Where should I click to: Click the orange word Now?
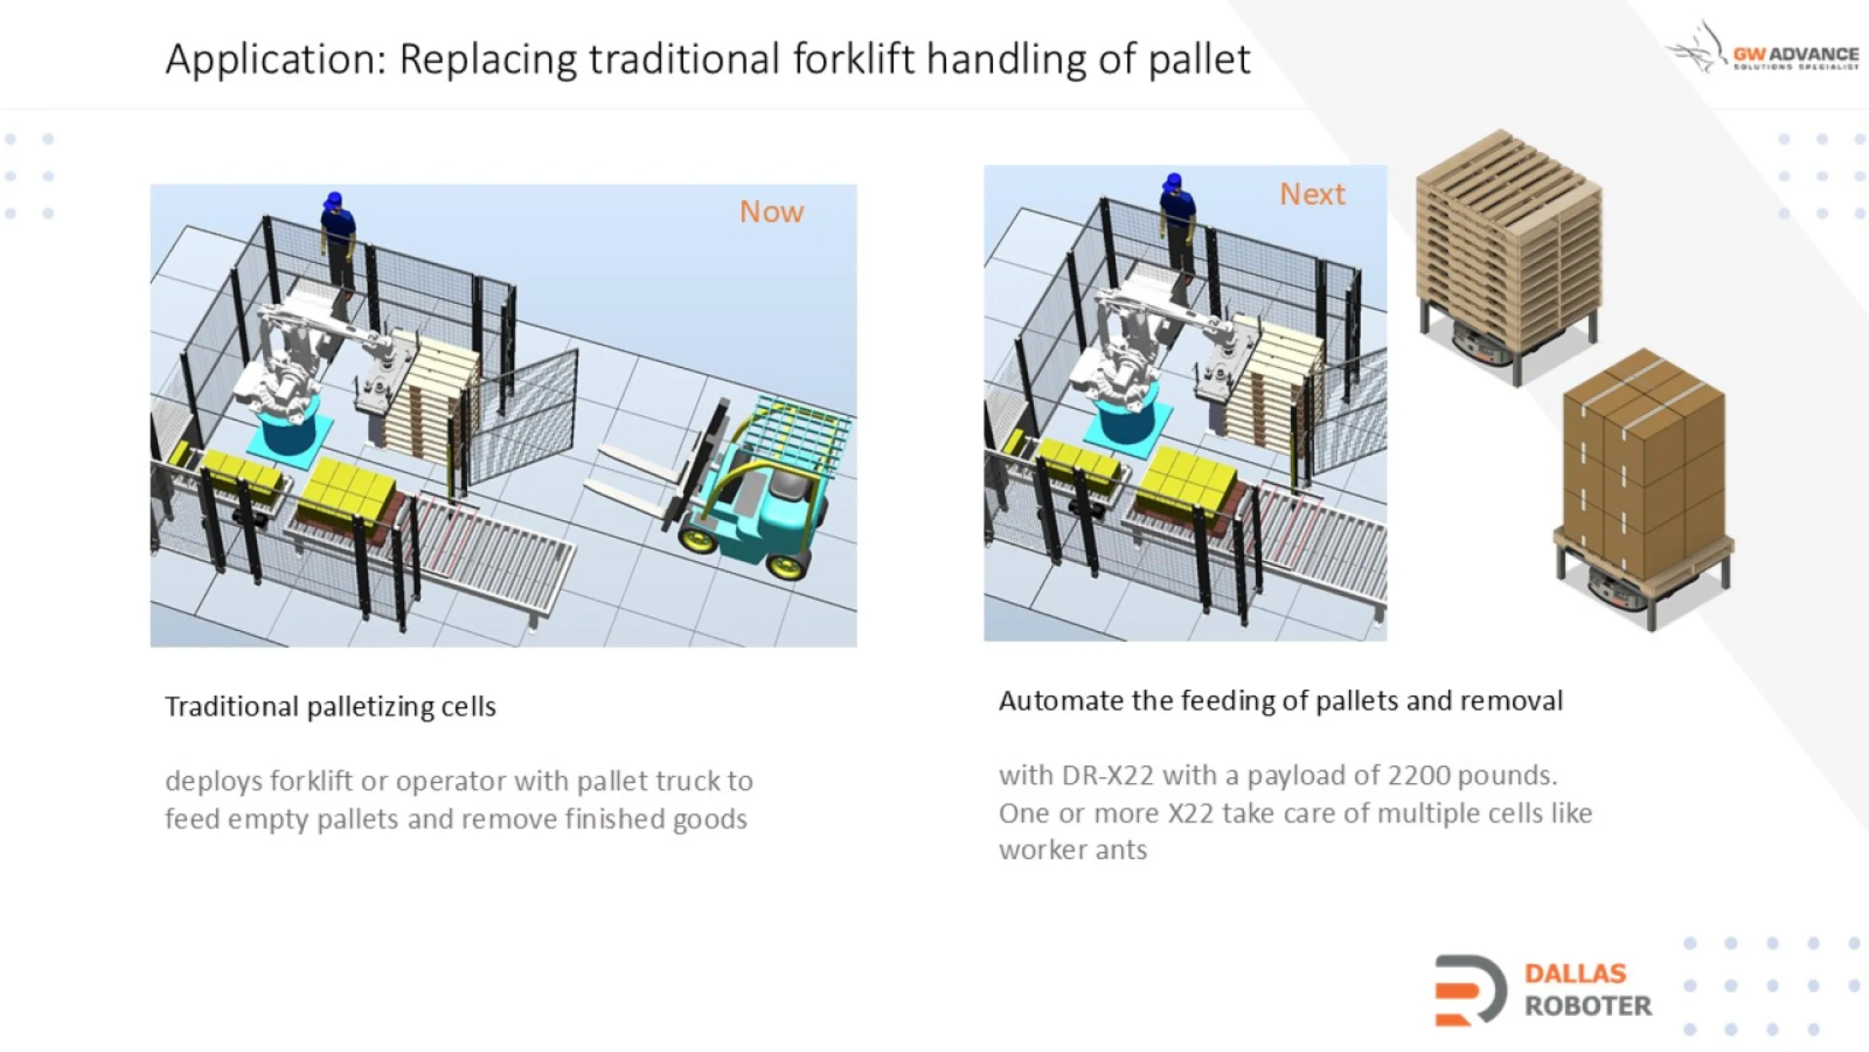coord(772,212)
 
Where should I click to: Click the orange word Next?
coord(1312,195)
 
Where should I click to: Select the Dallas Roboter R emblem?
coord(1470,990)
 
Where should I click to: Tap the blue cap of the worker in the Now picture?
coord(334,199)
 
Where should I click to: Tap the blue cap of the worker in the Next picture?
coord(1172,180)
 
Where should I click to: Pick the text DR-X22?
coord(1107,776)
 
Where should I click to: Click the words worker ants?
coord(1073,850)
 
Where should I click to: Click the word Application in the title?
coord(275,60)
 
